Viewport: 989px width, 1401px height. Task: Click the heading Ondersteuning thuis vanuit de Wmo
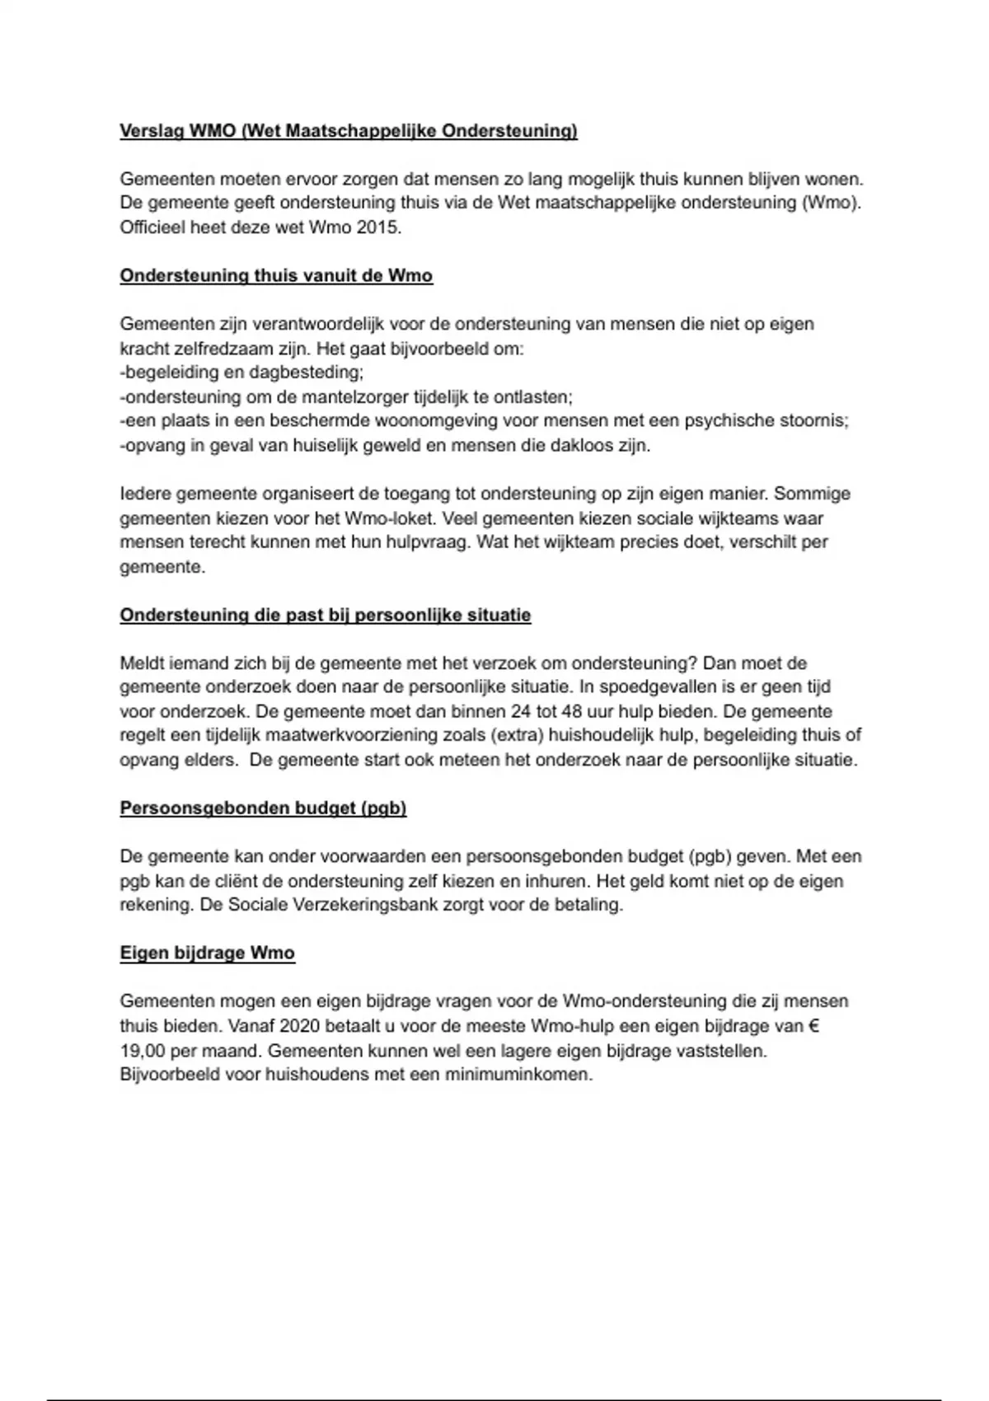(276, 276)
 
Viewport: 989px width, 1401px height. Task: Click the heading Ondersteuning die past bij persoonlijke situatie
(326, 616)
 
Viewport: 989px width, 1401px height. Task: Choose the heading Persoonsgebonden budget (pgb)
(264, 808)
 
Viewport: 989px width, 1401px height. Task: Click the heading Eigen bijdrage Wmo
(208, 954)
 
